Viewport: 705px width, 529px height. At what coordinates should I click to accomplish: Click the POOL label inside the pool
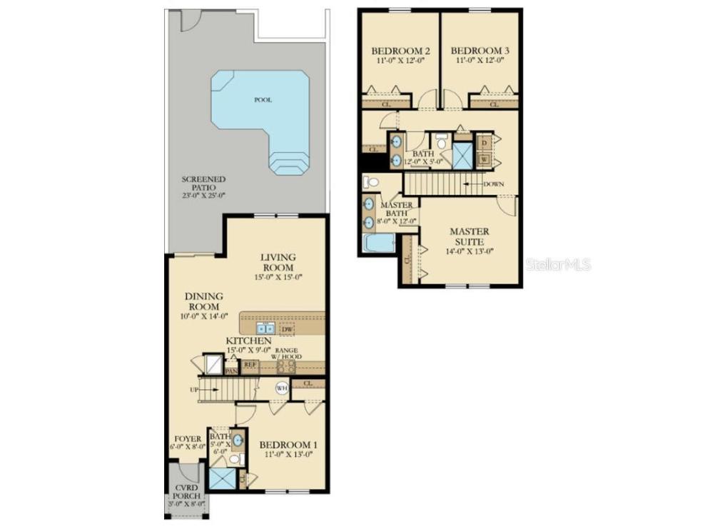pos(263,100)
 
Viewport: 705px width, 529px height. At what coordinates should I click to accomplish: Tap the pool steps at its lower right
pos(288,163)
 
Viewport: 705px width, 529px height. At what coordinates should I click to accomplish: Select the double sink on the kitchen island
pos(265,328)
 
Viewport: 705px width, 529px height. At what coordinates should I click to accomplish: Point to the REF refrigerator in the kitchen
pos(250,365)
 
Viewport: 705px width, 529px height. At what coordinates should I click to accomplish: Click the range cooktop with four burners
pos(285,366)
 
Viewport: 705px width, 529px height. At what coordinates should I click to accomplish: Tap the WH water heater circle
pos(283,389)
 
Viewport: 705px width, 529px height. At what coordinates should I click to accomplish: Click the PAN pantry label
pos(230,371)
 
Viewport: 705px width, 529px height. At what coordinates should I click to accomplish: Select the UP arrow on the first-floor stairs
pos(196,390)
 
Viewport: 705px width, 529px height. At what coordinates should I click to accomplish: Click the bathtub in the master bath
pos(377,243)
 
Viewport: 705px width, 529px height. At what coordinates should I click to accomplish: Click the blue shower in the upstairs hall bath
pos(462,155)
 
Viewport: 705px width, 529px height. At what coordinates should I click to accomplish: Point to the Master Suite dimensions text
pos(470,251)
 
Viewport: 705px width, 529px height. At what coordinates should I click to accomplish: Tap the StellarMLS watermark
pos(559,265)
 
